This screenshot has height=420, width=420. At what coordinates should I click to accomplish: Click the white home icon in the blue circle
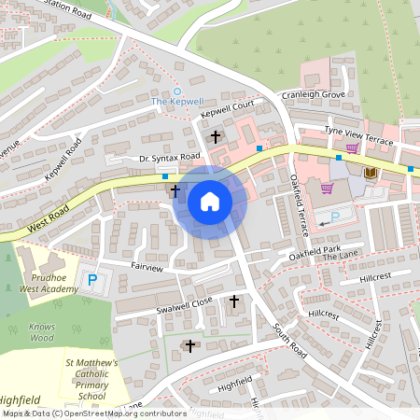[x=210, y=202]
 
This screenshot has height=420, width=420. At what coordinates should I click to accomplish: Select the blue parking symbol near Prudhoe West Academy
[x=92, y=279]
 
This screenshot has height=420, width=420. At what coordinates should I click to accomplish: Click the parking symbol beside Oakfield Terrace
[x=334, y=217]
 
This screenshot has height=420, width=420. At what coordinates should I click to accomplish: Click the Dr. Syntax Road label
[x=170, y=157]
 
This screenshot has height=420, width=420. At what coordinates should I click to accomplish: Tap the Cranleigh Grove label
[x=315, y=95]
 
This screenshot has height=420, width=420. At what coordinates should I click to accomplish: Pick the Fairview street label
[x=147, y=267]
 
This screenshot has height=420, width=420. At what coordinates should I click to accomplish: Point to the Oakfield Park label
[x=315, y=250]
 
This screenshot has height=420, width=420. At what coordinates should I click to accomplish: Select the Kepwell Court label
[x=227, y=112]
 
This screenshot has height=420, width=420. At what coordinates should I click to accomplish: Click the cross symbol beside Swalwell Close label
[x=233, y=301]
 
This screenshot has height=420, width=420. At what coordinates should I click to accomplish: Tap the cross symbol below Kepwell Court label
[x=216, y=137]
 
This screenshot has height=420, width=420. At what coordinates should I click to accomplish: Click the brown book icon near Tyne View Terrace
[x=370, y=174]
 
